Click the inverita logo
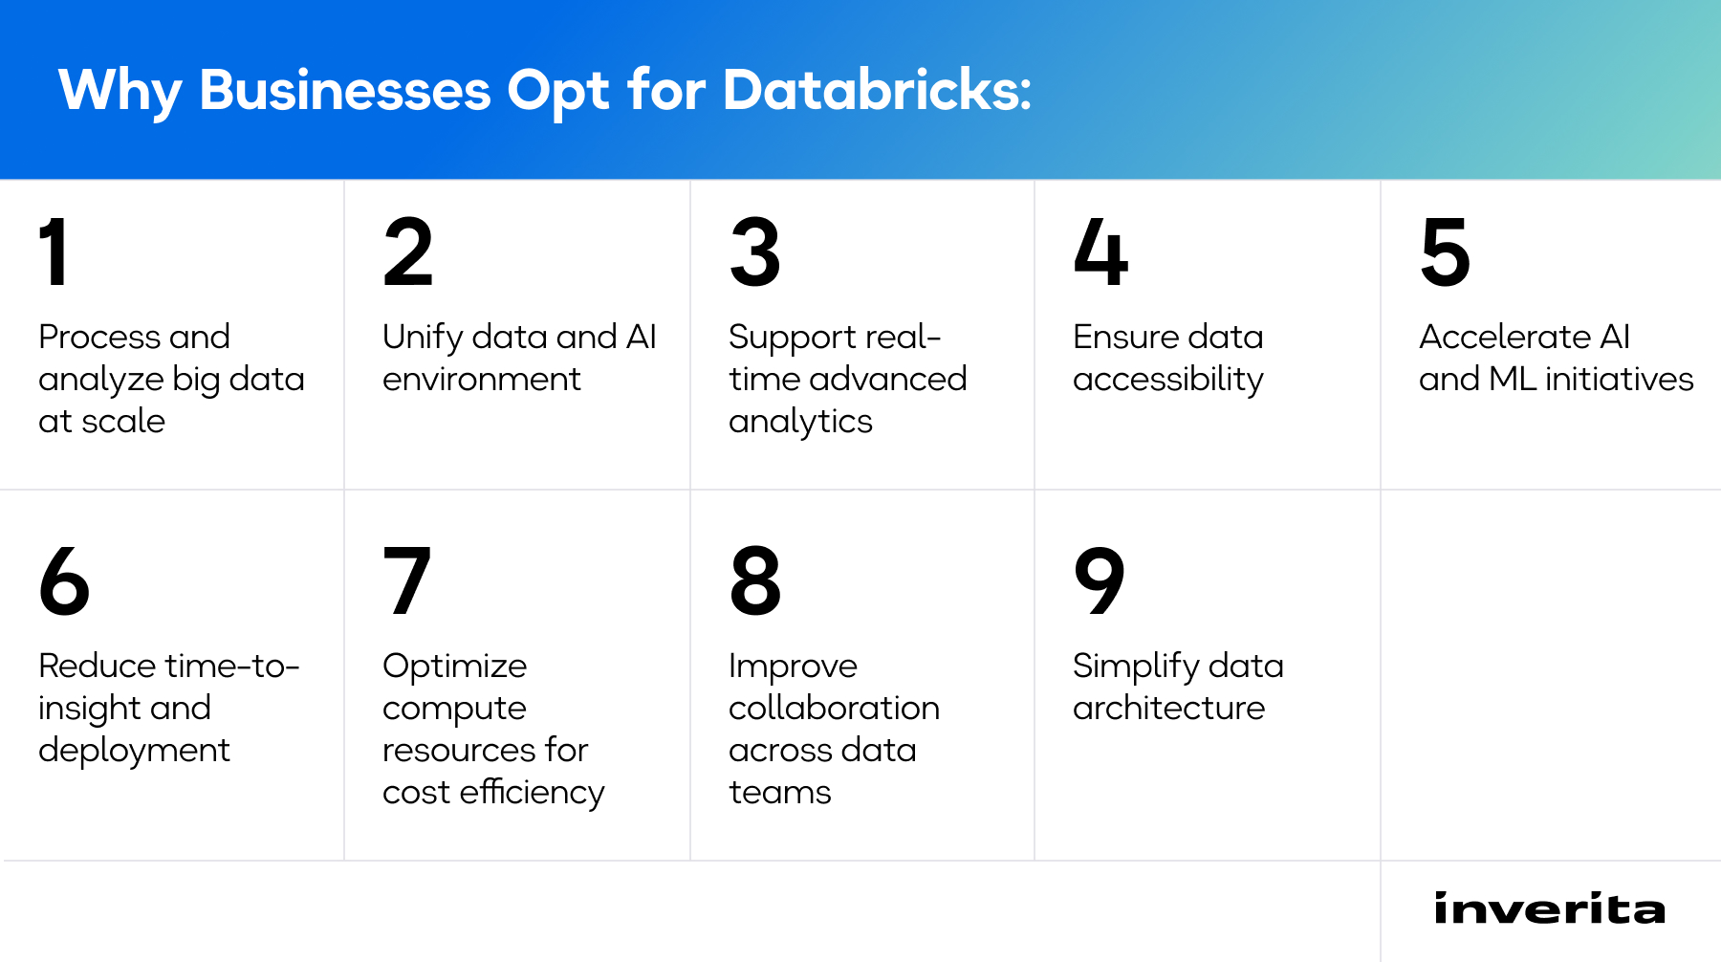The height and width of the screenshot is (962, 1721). [1549, 908]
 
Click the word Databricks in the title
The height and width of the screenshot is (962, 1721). [877, 91]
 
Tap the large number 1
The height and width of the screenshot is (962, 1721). [54, 252]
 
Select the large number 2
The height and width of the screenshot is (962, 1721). [408, 252]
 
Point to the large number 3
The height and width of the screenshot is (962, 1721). [754, 252]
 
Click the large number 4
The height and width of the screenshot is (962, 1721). [1100, 252]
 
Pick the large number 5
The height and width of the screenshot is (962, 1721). [1445, 252]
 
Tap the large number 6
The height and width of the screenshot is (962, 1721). [64, 581]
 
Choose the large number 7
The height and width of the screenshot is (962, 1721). [406, 581]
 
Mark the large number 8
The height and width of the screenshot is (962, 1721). [754, 581]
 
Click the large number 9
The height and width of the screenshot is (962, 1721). [1100, 581]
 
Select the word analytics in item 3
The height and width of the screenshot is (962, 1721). [800, 422]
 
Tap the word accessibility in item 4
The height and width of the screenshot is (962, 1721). [1167, 380]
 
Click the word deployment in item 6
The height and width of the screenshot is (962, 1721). [134, 751]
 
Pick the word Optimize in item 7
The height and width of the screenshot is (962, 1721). [454, 667]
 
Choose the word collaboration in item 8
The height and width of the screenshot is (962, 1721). [834, 709]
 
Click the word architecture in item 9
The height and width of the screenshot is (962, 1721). [1168, 709]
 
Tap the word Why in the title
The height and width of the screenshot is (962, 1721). [120, 91]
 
